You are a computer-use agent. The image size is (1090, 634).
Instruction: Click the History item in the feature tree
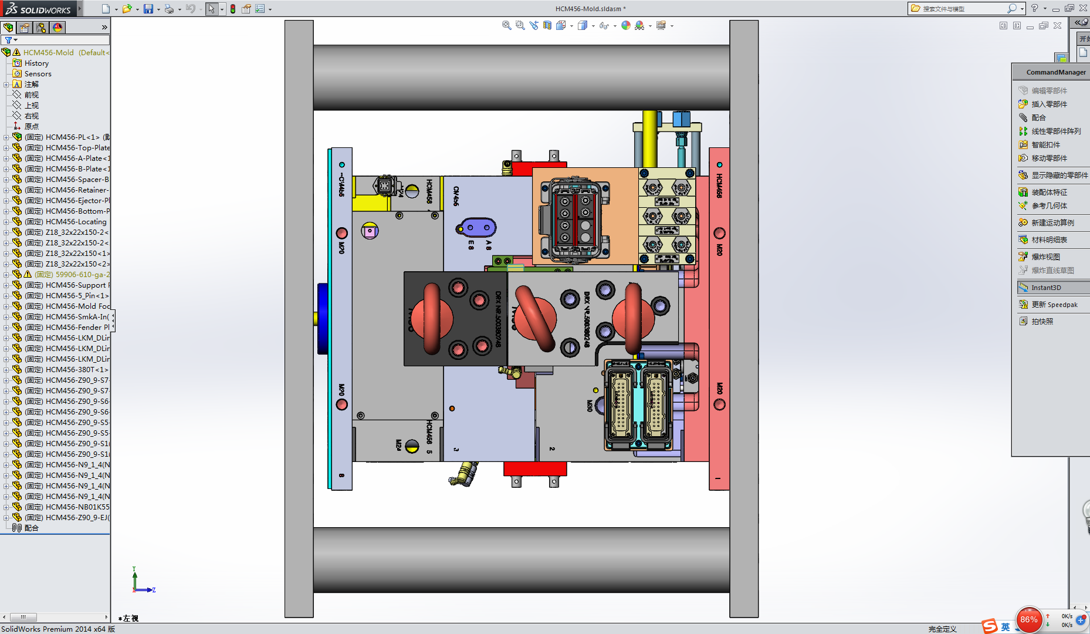(36, 63)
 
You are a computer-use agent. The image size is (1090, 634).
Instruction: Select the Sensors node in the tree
(38, 74)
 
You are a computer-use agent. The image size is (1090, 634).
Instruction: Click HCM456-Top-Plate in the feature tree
(77, 148)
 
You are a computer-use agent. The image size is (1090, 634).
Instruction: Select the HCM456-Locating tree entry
(76, 222)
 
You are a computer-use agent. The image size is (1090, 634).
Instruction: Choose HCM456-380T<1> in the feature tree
(76, 370)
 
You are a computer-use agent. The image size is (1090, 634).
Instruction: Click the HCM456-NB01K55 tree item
(77, 507)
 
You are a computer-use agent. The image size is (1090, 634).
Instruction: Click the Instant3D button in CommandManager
(1046, 288)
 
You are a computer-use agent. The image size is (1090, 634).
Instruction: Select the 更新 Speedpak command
(1054, 305)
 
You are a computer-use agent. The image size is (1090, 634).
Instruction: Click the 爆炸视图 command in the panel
(1045, 257)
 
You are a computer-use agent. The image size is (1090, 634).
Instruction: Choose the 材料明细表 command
(1049, 240)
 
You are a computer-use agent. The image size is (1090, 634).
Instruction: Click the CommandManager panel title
(1055, 72)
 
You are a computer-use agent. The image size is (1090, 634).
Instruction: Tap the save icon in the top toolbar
(148, 9)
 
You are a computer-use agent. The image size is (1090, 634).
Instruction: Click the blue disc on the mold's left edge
(322, 319)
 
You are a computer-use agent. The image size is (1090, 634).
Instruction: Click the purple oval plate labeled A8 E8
(476, 227)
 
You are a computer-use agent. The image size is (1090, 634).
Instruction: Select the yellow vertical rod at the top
(649, 138)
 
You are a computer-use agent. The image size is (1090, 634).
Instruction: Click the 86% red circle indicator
(1028, 619)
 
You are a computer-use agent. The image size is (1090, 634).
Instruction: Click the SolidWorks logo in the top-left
(38, 9)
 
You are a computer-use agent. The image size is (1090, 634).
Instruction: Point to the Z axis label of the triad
(154, 590)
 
